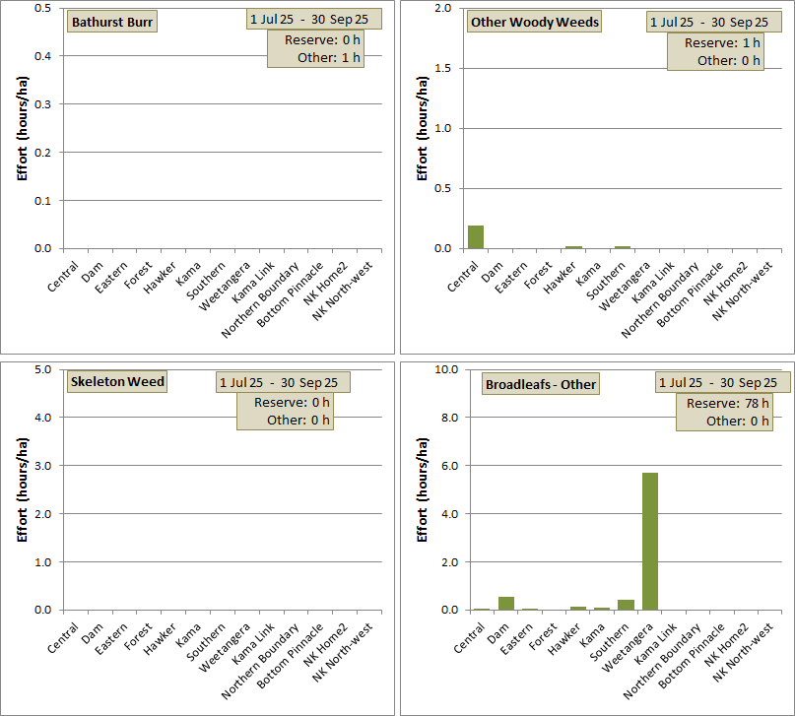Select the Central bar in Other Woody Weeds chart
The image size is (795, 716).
[x=476, y=237]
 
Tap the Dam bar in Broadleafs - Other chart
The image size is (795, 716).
[x=506, y=603]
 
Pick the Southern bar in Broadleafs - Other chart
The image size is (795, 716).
[x=626, y=605]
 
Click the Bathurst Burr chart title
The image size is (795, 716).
[x=110, y=22]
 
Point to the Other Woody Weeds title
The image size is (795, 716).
[x=535, y=22]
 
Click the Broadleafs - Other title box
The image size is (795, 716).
[x=540, y=384]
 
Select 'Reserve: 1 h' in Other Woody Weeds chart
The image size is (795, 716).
[x=722, y=42]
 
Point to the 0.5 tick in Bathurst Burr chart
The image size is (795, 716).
[x=42, y=8]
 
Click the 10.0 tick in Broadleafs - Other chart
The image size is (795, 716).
[x=444, y=369]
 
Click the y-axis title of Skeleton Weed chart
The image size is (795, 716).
[x=22, y=489]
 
